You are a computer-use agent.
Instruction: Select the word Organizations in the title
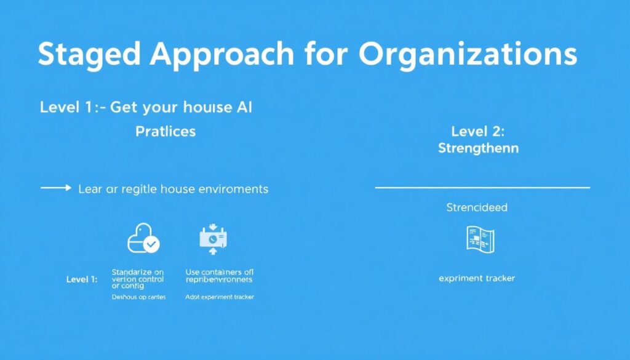(x=467, y=55)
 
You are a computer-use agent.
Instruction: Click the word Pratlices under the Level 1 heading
(x=165, y=131)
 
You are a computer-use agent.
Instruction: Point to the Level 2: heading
(x=478, y=131)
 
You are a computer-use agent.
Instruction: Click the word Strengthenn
(x=478, y=148)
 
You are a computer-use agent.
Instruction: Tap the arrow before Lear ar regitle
(x=56, y=188)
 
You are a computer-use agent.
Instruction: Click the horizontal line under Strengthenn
(x=482, y=187)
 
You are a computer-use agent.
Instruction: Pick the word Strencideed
(x=477, y=207)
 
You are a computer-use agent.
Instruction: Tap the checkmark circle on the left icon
(x=151, y=244)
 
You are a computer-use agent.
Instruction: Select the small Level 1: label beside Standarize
(x=82, y=279)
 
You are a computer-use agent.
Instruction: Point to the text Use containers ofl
(x=219, y=271)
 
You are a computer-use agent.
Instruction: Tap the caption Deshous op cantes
(x=138, y=297)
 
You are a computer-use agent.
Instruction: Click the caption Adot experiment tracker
(x=220, y=297)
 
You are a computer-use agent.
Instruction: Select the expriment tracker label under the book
(x=477, y=279)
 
